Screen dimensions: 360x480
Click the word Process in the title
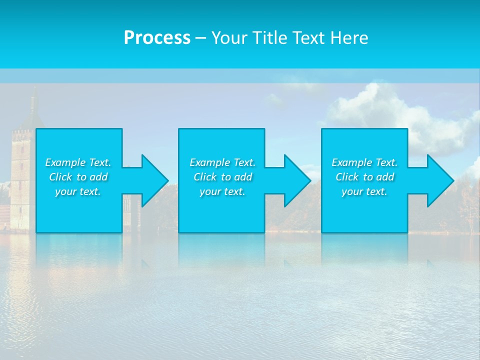(157, 37)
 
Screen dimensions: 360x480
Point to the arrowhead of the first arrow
(154, 180)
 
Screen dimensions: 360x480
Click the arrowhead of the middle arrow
(297, 180)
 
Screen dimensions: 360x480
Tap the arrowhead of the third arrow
(440, 180)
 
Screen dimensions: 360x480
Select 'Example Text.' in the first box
(78, 162)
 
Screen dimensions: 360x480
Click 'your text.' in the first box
(78, 191)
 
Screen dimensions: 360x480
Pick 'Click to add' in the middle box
(222, 177)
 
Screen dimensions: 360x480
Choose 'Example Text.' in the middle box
(222, 162)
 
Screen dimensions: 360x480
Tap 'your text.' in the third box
(364, 191)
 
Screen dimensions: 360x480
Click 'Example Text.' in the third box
(364, 162)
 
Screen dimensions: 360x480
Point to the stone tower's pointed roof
(33, 107)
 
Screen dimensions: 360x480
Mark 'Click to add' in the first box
(78, 177)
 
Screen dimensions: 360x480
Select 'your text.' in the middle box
(222, 191)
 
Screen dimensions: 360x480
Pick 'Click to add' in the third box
(364, 177)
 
